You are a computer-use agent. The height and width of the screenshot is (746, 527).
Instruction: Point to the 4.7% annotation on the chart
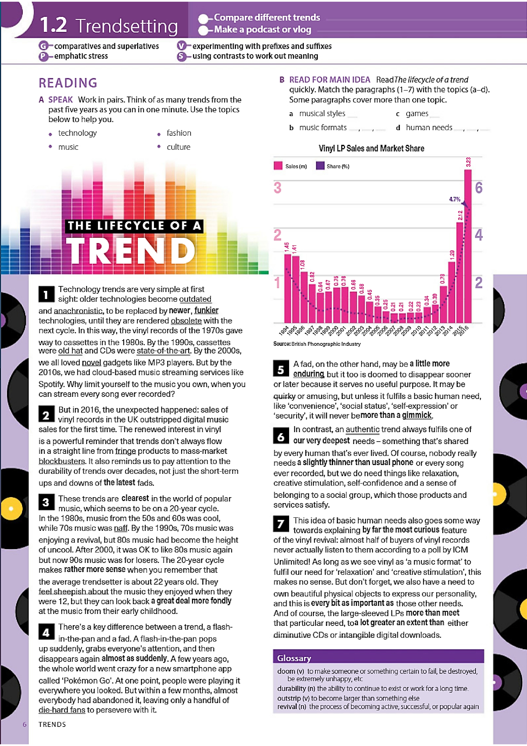coord(455,199)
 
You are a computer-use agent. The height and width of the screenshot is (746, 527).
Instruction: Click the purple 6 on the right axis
coord(479,188)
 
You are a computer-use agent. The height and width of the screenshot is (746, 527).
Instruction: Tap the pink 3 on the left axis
coord(277,188)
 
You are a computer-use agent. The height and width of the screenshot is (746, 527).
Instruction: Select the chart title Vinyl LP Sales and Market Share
coord(371,148)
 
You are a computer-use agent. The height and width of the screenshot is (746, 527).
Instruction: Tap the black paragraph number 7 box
coord(281,523)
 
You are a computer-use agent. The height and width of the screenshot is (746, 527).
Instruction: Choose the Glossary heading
coord(294,658)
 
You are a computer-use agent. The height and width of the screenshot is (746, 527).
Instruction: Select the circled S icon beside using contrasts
coord(182,56)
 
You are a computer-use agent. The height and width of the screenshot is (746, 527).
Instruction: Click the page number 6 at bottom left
coord(24,724)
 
